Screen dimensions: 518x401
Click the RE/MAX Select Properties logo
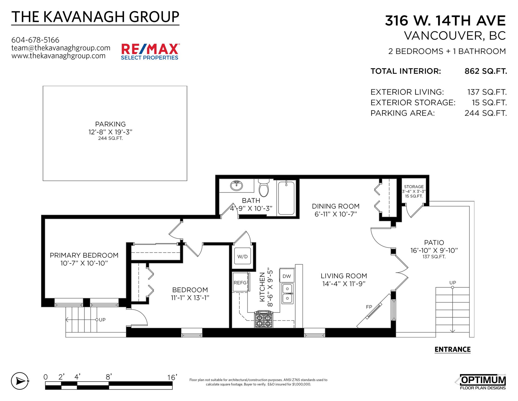coord(150,52)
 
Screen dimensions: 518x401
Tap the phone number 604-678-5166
coord(35,40)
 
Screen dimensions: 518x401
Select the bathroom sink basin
coord(237,186)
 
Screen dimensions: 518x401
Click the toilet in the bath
coord(264,188)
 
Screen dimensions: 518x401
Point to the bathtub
coord(286,198)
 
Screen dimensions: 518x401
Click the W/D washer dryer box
coord(242,256)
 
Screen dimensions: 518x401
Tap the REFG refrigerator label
coord(240,283)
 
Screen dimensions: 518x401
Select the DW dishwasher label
coord(287,276)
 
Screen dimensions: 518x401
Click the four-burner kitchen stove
coord(264,320)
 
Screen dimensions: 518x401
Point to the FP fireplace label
coord(369,307)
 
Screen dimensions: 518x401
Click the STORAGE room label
coord(414,187)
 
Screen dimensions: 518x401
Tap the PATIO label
coord(434,242)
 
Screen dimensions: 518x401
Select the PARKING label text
coord(110,124)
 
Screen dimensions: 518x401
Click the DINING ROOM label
coord(336,206)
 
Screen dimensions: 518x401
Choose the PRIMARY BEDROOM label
coord(84,255)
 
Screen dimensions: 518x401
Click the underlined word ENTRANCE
coord(452,349)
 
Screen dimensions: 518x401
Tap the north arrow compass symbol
coord(20,381)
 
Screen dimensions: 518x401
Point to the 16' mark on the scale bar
coord(172,377)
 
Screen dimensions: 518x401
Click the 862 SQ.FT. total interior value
coord(486,71)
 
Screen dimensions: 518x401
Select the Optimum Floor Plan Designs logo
coord(480,382)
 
